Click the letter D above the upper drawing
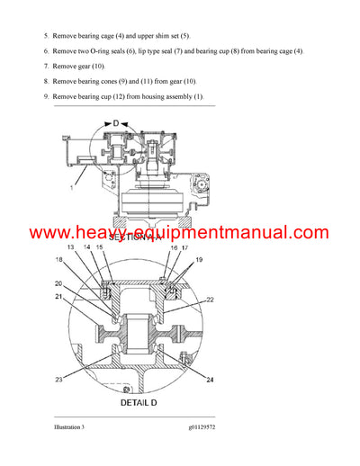[114, 121]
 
